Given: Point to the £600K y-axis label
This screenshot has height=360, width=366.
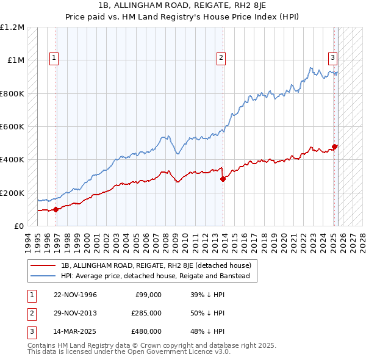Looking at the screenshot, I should pyautogui.click(x=12, y=127).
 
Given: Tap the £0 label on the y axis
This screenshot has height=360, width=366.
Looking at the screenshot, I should pyautogui.click(x=19, y=226).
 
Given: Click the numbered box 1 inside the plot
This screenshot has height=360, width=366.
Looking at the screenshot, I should pyautogui.click(x=54, y=58).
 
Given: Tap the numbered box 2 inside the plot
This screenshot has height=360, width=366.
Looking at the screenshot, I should pyautogui.click(x=221, y=58).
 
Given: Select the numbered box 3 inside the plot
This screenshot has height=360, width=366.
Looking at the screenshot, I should pyautogui.click(x=332, y=58).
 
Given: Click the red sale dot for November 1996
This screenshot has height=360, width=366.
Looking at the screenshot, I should pyautogui.click(x=56, y=209).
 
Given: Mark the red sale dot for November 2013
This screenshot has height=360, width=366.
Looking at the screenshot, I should pyautogui.click(x=223, y=179).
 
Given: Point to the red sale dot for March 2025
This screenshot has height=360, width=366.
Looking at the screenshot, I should pyautogui.click(x=335, y=146).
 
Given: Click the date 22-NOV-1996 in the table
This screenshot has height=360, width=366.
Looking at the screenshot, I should pyautogui.click(x=75, y=295).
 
